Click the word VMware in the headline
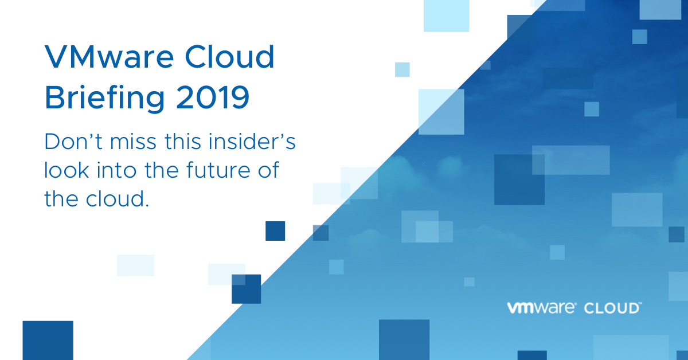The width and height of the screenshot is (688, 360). coord(110,57)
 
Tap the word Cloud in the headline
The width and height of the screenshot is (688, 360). coord(229,57)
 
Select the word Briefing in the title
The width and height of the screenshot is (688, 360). coord(105,97)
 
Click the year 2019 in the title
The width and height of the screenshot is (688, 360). coord(213,97)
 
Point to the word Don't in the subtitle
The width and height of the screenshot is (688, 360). coord(73,142)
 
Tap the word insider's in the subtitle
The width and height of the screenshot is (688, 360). coord(252,142)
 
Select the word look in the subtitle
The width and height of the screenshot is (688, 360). coord(67,170)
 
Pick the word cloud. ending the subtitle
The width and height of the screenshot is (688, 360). coord(118,198)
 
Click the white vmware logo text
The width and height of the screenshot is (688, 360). coord(541,308)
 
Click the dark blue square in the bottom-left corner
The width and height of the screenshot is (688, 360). coord(48,341)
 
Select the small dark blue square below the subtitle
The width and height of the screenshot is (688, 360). coord(275,231)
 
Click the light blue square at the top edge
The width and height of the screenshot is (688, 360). coord(446,15)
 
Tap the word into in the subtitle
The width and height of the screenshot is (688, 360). coord(116,170)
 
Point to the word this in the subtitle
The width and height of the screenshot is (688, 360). coord(183,142)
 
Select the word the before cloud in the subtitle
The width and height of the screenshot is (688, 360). coord(61,198)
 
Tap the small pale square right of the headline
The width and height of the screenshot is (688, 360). coord(402,69)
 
